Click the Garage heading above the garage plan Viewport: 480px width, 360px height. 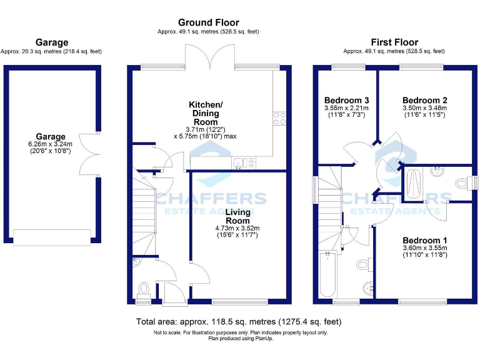(x=52, y=42)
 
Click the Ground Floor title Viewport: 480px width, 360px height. (x=208, y=22)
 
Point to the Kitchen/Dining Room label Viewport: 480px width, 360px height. (x=206, y=113)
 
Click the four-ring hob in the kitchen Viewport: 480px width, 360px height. (x=279, y=118)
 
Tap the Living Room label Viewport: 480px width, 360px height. (x=237, y=216)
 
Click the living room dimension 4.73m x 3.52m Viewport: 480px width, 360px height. (x=237, y=228)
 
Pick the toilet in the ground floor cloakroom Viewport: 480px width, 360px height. (x=144, y=289)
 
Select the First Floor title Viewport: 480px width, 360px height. (x=394, y=41)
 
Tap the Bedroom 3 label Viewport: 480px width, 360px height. (x=346, y=100)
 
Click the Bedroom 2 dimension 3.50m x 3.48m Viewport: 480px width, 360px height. (x=424, y=108)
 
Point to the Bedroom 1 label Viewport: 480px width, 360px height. (x=424, y=240)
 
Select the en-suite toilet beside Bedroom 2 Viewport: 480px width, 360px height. (x=462, y=182)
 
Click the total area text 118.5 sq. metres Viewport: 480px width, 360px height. (x=239, y=322)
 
